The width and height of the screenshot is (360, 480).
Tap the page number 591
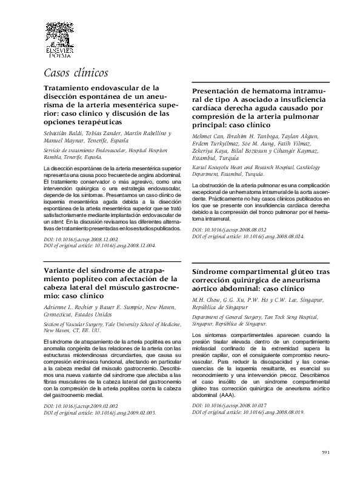[x=325, y=452]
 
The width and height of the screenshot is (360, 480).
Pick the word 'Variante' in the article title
[x=63, y=270]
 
